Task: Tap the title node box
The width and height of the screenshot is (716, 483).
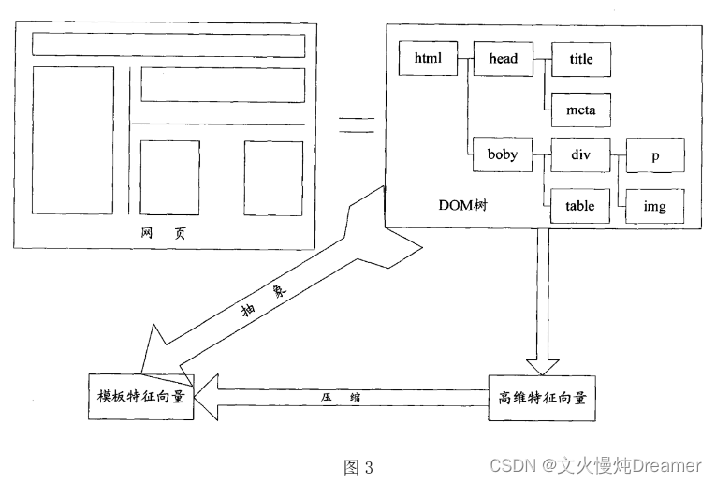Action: coord(581,60)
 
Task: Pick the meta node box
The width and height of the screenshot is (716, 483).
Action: coord(581,110)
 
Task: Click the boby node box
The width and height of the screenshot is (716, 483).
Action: coord(503,154)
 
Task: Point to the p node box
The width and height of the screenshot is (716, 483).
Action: coord(655,155)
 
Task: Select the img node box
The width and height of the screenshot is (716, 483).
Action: coord(655,205)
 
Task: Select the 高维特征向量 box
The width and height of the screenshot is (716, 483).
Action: coord(542,397)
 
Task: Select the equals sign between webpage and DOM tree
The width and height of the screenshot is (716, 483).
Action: coord(357,125)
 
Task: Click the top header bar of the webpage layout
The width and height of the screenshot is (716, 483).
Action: coord(168,44)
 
